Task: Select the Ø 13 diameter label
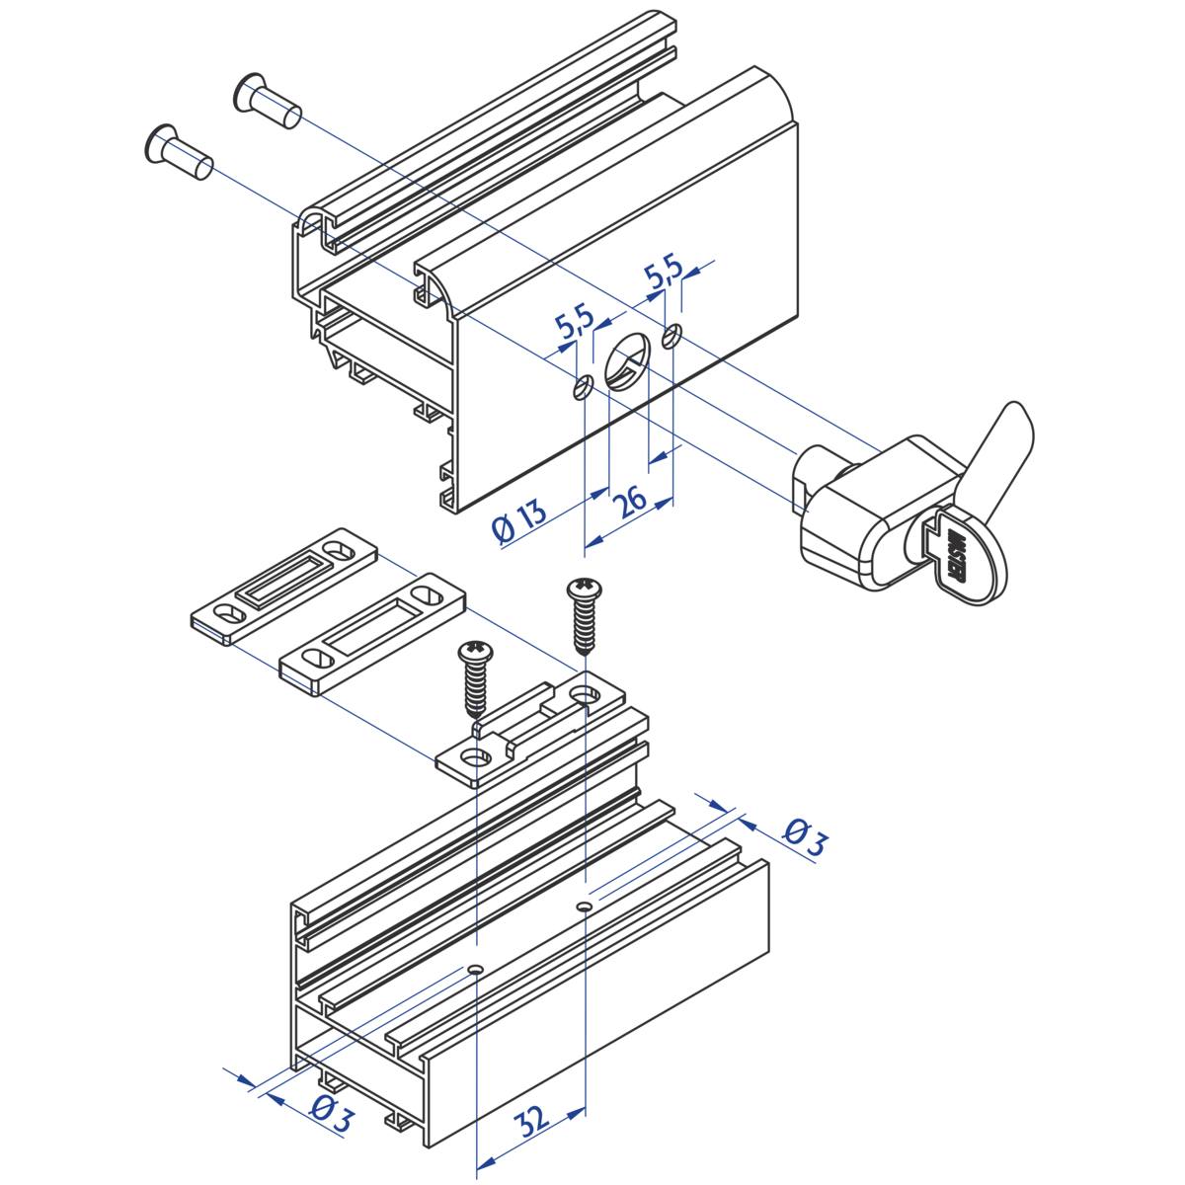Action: tap(520, 521)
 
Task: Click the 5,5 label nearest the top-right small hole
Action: tap(664, 272)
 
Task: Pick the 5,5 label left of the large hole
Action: tap(575, 324)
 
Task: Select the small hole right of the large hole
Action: tap(671, 336)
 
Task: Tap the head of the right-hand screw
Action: tap(585, 591)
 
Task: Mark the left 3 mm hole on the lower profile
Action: tap(475, 969)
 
